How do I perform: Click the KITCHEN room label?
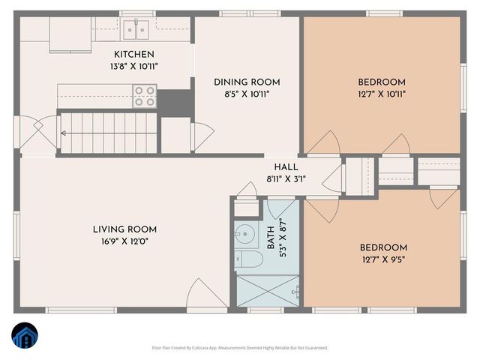(134, 54)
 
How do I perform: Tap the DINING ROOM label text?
(247, 82)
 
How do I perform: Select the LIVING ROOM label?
(124, 229)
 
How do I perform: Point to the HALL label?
(286, 167)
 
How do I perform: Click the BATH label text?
(271, 238)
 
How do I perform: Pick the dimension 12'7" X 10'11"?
(381, 94)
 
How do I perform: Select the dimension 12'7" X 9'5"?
(383, 260)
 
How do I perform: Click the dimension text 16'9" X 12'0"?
(124, 241)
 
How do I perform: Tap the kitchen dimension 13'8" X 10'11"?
(134, 66)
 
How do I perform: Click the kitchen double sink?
(136, 30)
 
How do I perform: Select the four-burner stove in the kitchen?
(145, 96)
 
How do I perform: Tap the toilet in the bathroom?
(249, 259)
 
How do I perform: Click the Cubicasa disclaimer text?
(240, 348)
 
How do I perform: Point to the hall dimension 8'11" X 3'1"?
(286, 179)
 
